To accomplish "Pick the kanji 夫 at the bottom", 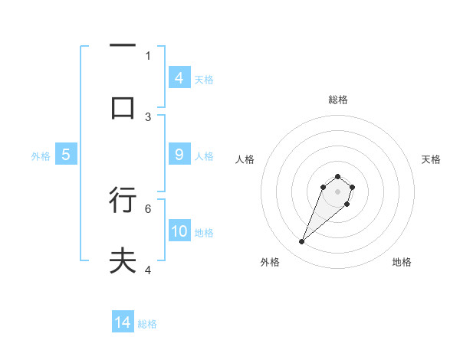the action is coord(123,261).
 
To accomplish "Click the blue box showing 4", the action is coord(179,78).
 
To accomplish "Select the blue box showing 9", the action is coord(179,155).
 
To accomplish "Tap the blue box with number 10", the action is coord(179,231).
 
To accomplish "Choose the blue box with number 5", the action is coord(66,155).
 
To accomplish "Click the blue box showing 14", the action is coord(123,322).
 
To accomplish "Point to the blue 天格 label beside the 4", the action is coord(204,79).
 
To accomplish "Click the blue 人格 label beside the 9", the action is coord(204,155).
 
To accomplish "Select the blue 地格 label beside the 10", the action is coord(204,232).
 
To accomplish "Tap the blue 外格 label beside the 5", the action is coord(41,155).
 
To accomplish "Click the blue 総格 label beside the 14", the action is coord(147,323).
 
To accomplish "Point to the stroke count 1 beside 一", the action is coord(148,55).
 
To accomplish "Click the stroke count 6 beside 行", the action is coord(148,208).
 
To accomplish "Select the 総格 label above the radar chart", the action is coord(337,100).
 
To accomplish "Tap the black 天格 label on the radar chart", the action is coord(431,159).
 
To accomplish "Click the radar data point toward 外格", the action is coord(302,242).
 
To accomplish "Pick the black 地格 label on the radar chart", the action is coord(402,262).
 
